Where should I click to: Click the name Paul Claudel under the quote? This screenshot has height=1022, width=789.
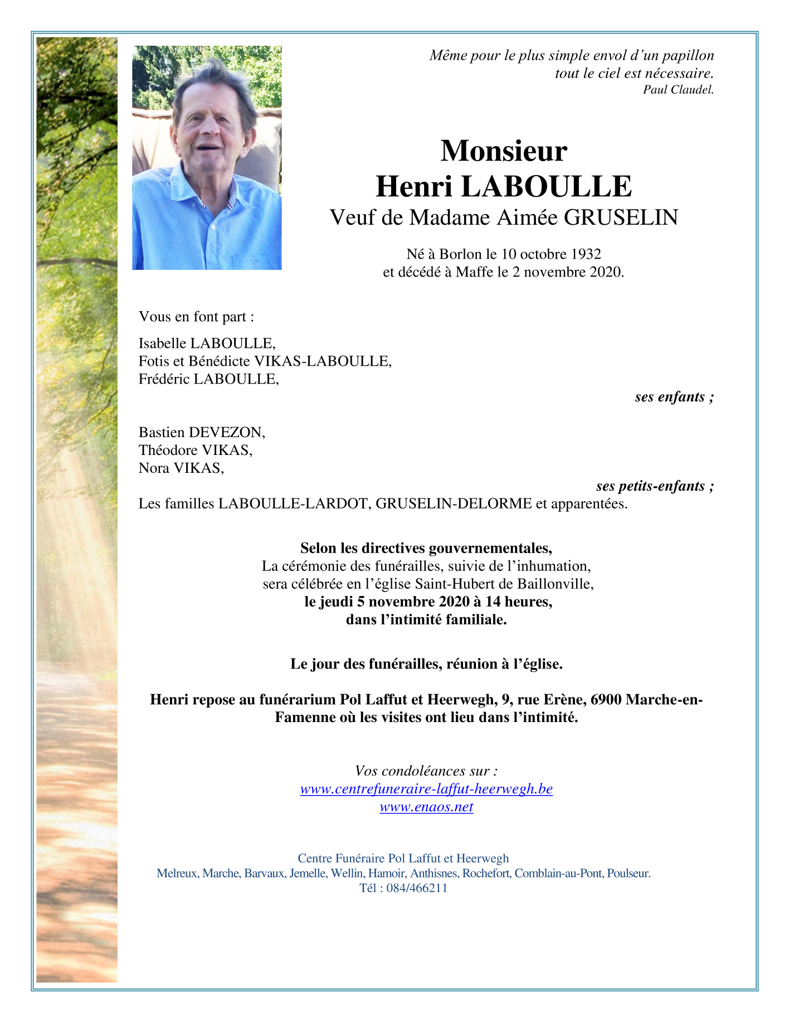pyautogui.click(x=678, y=90)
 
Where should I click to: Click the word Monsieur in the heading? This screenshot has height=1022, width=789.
pyautogui.click(x=504, y=151)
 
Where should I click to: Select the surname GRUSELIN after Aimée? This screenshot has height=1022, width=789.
pyautogui.click(x=621, y=217)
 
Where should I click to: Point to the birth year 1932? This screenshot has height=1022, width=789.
pyautogui.click(x=586, y=254)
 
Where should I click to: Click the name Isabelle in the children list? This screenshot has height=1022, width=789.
pyautogui.click(x=162, y=343)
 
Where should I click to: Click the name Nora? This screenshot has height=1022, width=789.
pyautogui.click(x=154, y=468)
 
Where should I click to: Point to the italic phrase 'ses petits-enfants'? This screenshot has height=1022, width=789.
pyautogui.click(x=651, y=486)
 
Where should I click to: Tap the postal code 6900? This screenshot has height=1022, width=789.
pyautogui.click(x=606, y=699)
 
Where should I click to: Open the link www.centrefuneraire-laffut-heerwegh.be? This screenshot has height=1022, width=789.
pyautogui.click(x=426, y=789)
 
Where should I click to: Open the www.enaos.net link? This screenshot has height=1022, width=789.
pyautogui.click(x=426, y=807)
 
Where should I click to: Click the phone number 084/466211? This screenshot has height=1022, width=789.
pyautogui.click(x=417, y=888)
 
